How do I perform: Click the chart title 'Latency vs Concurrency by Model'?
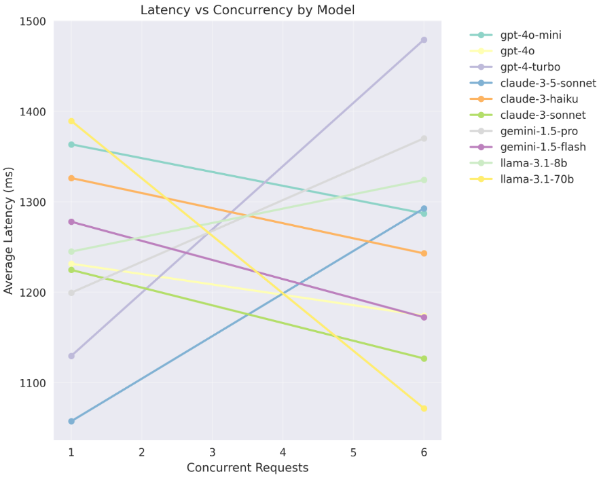tap(247, 10)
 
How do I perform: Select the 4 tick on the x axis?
tap(283, 452)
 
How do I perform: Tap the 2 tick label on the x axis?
tap(141, 452)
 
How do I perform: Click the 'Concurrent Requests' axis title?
tap(247, 468)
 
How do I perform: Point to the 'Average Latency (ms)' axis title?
tap(9, 230)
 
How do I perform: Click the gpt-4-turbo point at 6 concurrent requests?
tap(424, 40)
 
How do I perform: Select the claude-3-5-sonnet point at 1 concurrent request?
tap(71, 421)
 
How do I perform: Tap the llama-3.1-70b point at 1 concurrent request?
tap(71, 122)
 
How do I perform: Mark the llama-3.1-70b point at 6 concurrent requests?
tap(424, 408)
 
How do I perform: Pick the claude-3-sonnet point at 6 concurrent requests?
tap(424, 359)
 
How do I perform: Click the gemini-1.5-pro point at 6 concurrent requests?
tap(424, 139)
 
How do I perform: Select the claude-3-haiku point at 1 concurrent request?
tap(71, 178)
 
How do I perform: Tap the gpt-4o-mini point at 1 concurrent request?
tap(71, 145)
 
